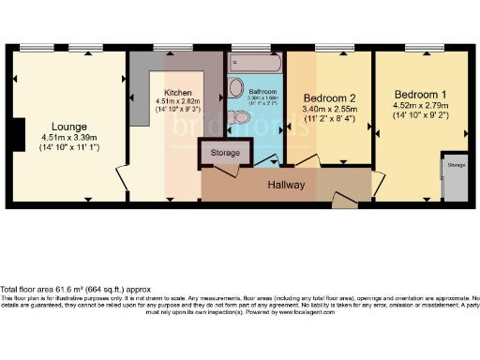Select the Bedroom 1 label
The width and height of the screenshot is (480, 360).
click(x=419, y=95)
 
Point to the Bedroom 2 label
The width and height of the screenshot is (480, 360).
click(x=329, y=97)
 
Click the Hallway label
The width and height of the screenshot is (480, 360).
click(x=287, y=185)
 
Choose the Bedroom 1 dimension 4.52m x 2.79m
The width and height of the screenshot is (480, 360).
click(x=421, y=107)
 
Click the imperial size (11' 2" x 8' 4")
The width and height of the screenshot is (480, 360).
click(x=329, y=119)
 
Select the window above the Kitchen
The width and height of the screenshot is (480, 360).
click(x=169, y=47)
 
